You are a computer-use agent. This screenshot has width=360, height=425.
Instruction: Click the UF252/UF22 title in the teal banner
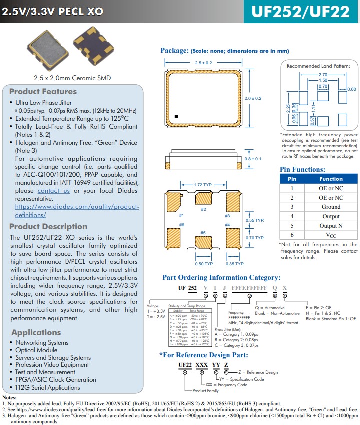(300, 12)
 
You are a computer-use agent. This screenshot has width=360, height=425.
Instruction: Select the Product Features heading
(43, 91)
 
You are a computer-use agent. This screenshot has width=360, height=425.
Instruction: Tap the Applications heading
(36, 332)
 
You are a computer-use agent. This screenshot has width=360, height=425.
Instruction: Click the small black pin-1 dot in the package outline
(177, 117)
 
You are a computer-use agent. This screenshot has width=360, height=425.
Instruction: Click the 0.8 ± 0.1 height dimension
(253, 159)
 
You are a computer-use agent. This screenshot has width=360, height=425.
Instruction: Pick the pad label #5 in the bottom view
(203, 233)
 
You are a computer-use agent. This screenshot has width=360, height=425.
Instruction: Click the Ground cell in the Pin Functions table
(331, 207)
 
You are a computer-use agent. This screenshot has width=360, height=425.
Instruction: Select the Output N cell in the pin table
(331, 226)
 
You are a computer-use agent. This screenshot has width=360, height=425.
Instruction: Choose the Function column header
(331, 179)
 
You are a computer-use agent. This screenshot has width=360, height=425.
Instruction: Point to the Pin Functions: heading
(302, 169)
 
